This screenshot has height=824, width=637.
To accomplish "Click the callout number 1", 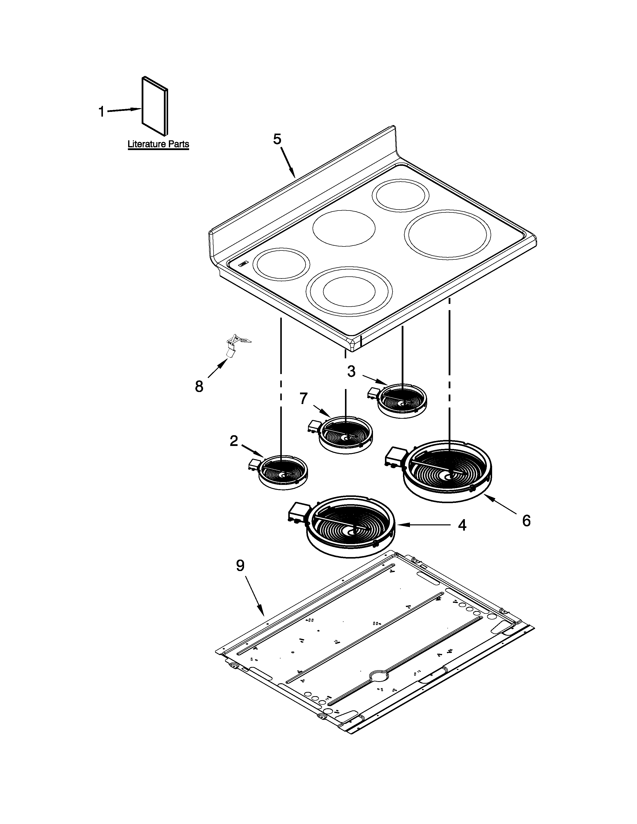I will click(x=101, y=111).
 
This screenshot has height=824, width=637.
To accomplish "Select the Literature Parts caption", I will click(x=158, y=144).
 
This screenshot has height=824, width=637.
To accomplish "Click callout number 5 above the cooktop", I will click(x=277, y=139).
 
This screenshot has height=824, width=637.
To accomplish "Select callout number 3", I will click(x=351, y=372).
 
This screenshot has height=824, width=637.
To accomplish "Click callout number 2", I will click(x=234, y=441).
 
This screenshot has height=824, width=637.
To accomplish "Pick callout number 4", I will click(x=462, y=525).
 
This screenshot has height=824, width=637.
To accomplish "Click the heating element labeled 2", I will click(x=283, y=473).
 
